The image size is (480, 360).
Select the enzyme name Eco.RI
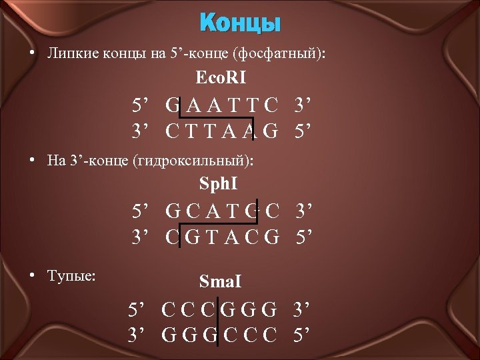(x=221, y=78)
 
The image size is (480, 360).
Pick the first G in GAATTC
(x=173, y=106)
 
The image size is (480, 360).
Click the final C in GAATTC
(x=271, y=106)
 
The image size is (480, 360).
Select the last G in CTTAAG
(x=271, y=131)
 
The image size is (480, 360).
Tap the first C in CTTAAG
(x=173, y=131)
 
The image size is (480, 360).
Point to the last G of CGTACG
(x=271, y=237)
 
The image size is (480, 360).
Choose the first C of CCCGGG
(x=169, y=311)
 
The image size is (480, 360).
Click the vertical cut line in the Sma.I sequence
(x=217, y=322)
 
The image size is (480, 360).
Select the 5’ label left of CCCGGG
(x=138, y=311)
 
